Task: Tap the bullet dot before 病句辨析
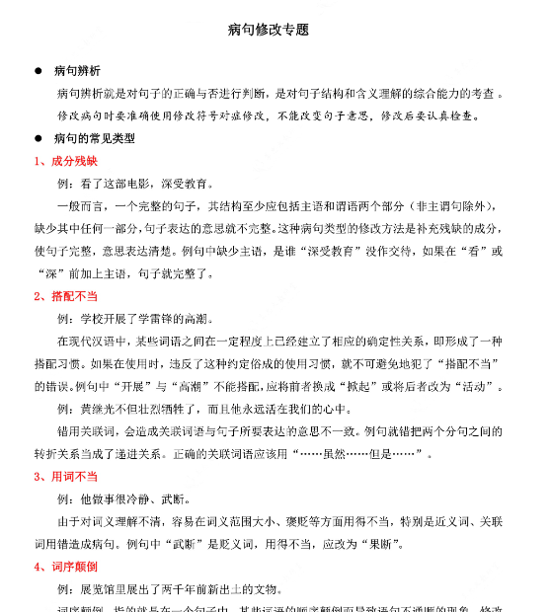tap(39, 71)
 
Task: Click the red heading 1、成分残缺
tap(65, 161)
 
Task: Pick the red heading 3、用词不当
tap(65, 476)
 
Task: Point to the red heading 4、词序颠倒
tap(65, 567)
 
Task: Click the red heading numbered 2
tap(65, 295)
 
